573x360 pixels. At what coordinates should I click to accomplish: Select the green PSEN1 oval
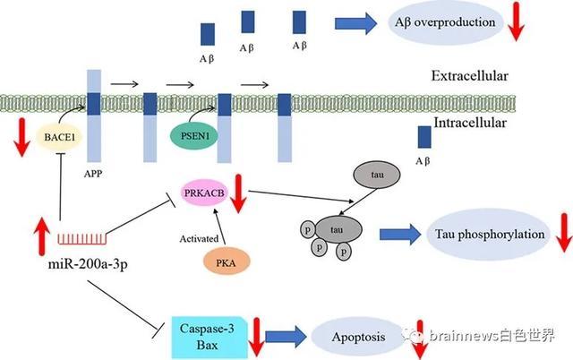pos(191,136)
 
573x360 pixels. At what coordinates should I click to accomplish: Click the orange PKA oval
pos(227,260)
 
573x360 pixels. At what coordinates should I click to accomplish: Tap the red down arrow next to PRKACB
pos(239,193)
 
